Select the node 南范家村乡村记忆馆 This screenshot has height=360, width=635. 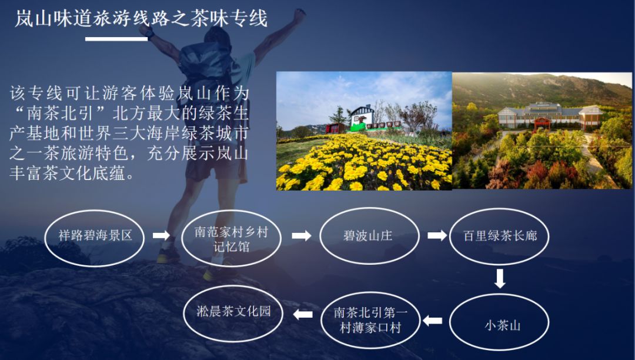click(231, 238)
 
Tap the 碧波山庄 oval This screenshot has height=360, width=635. click(369, 236)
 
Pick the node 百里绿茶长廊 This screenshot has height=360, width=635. click(499, 236)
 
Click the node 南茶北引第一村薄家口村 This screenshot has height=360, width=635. click(370, 321)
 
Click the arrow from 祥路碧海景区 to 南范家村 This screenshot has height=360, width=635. click(161, 235)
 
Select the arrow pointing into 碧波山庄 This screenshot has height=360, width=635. click(301, 235)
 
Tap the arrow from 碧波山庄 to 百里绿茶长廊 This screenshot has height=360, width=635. click(437, 235)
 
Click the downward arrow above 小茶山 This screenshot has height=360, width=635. click(500, 279)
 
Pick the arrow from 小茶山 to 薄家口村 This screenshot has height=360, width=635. click(433, 321)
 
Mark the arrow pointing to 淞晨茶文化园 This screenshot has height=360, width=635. click(303, 314)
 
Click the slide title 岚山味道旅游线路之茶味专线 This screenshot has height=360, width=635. click(141, 19)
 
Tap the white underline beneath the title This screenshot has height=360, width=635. click(116, 39)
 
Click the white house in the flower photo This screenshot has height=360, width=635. click(362, 118)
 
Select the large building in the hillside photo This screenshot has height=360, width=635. click(550, 115)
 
